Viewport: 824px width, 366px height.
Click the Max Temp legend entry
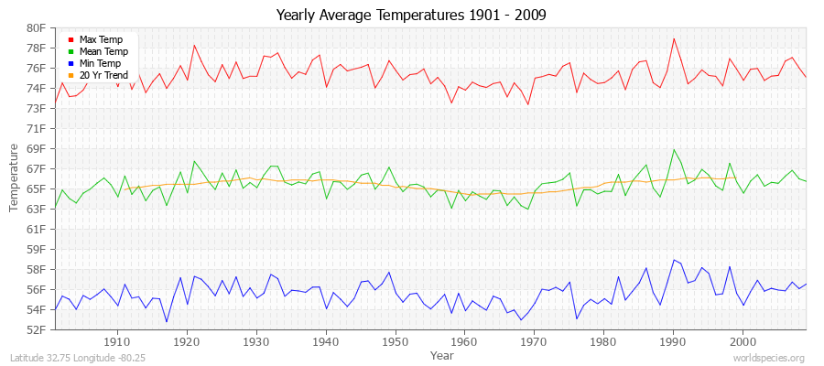[100, 40]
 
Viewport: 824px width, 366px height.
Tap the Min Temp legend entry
[100, 64]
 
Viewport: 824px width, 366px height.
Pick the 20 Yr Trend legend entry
[103, 76]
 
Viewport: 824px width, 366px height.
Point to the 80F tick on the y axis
[36, 28]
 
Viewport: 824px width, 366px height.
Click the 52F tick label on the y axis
[36, 330]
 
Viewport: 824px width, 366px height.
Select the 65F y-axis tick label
[36, 189]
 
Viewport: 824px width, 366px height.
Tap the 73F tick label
[36, 109]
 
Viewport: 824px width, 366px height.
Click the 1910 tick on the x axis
[117, 342]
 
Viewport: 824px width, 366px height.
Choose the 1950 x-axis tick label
[395, 342]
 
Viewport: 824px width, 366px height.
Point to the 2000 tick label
[742, 342]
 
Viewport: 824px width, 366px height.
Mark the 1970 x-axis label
[534, 342]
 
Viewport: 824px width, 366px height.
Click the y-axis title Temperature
[14, 178]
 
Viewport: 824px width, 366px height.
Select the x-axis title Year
[441, 355]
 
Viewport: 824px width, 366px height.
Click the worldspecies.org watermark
[770, 359]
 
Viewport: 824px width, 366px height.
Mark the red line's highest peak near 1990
[673, 38]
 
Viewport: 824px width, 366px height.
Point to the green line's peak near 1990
[673, 149]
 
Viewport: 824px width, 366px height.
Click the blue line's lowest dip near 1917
[167, 321]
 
